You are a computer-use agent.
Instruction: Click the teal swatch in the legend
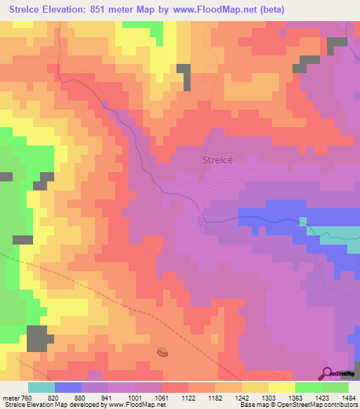point(41,387)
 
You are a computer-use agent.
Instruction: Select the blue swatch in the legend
point(68,387)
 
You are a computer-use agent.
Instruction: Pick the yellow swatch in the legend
point(282,387)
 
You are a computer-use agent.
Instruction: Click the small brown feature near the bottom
point(162,351)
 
